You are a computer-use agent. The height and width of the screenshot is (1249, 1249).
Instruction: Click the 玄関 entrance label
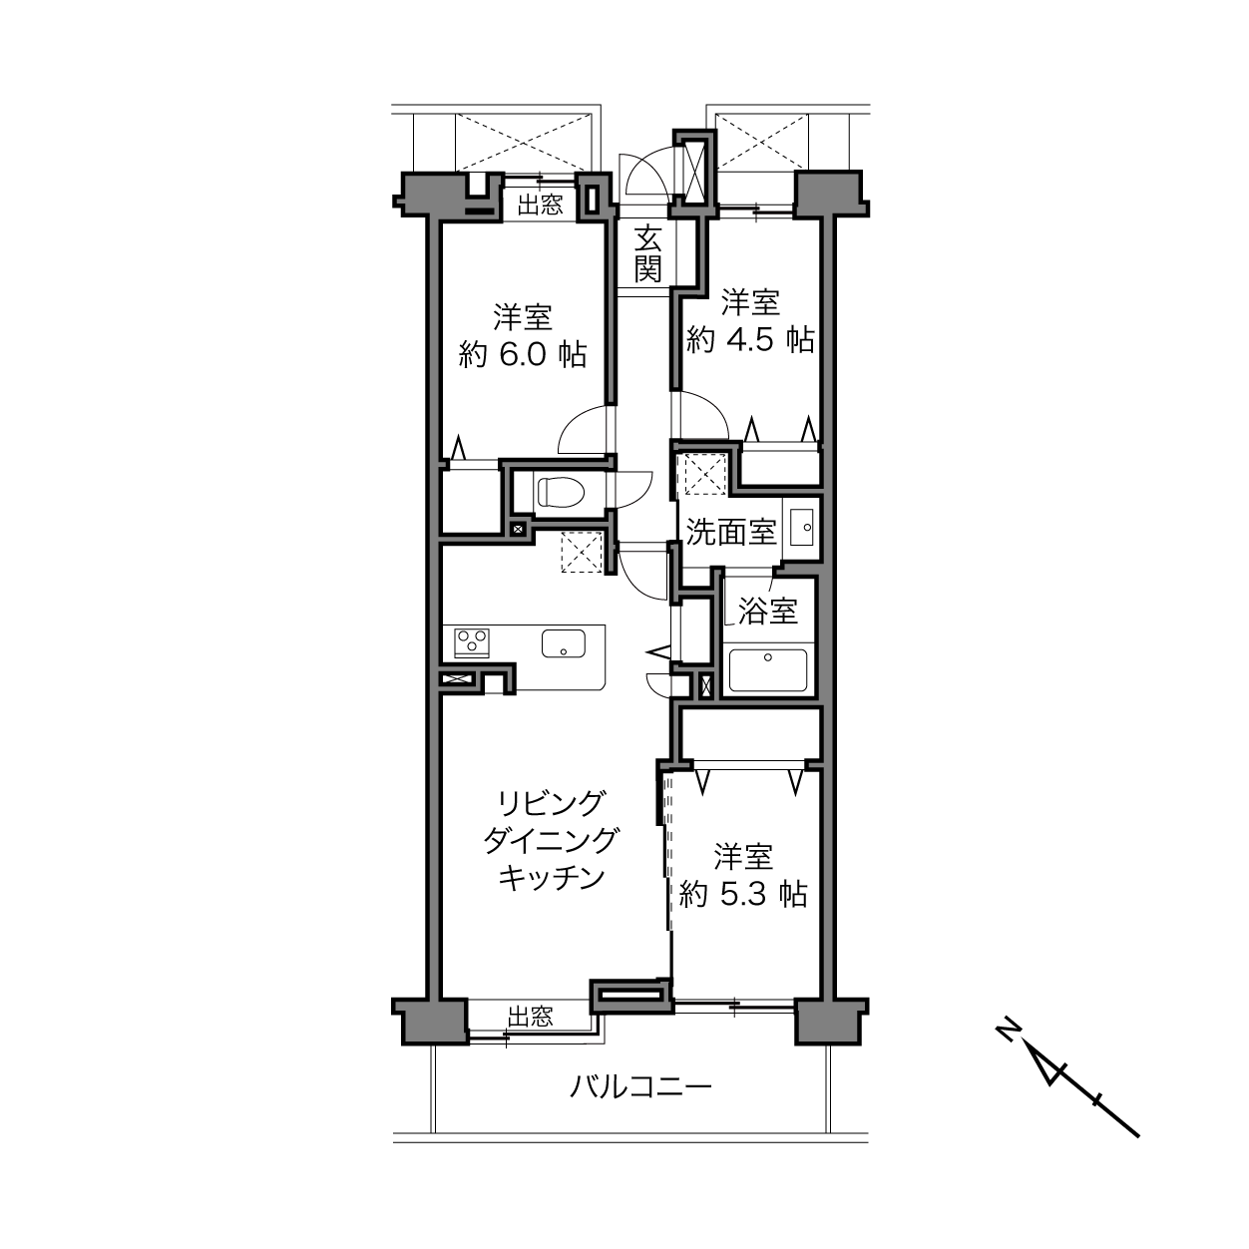click(647, 253)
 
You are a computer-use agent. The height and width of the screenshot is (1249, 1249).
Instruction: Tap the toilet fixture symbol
click(561, 492)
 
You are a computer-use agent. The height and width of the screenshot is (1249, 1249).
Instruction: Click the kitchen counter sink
click(564, 643)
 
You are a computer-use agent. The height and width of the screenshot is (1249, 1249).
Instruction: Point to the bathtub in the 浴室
click(768, 670)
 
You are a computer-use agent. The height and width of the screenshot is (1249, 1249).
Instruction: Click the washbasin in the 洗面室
click(802, 527)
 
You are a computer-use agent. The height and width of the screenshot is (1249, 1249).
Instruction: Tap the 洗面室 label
click(731, 532)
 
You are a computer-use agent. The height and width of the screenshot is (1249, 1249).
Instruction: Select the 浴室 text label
click(767, 611)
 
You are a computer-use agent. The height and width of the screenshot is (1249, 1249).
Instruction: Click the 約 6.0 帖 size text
click(523, 354)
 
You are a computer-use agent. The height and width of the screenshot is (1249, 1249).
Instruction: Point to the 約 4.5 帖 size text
click(750, 339)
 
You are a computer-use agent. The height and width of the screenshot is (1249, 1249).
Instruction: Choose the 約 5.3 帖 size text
click(743, 895)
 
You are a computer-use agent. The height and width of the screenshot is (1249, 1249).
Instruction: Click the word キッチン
click(552, 878)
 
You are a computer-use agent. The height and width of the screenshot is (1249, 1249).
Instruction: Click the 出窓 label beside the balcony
click(530, 1017)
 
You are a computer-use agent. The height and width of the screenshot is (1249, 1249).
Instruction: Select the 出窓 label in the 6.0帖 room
click(540, 205)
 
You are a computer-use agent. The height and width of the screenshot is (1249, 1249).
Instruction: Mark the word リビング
click(551, 803)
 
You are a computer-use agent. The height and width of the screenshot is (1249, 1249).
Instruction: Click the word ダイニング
click(551, 841)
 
